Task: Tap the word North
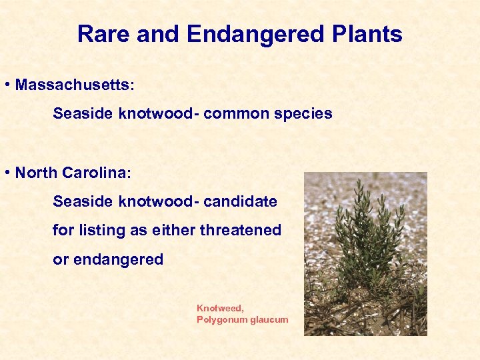click(36, 173)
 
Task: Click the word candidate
click(241, 201)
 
